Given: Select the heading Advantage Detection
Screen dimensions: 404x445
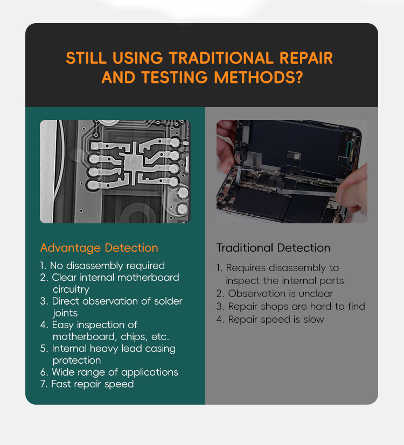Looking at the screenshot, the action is click(99, 248).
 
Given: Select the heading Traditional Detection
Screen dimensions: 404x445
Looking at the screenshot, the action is click(273, 248).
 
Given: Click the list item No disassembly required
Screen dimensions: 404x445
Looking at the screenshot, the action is click(102, 266).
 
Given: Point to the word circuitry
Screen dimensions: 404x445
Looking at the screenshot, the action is click(71, 289).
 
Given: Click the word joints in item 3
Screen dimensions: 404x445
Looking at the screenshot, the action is click(65, 313).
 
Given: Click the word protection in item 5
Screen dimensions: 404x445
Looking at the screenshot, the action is click(76, 360).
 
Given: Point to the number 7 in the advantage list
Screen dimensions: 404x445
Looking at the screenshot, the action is click(43, 384).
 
